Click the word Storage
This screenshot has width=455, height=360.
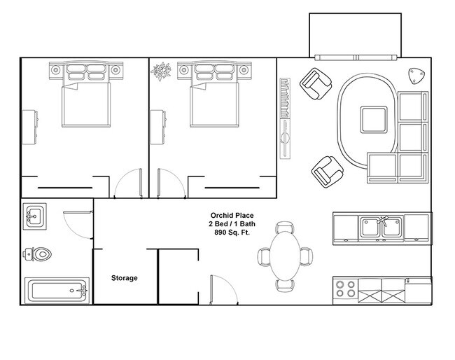pos(124,278)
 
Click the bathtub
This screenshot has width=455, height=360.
pos(56,291)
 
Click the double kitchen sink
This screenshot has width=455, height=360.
pos(380,226)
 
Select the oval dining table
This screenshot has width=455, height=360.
pos(284,256)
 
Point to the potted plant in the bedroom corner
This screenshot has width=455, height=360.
pos(162,71)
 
